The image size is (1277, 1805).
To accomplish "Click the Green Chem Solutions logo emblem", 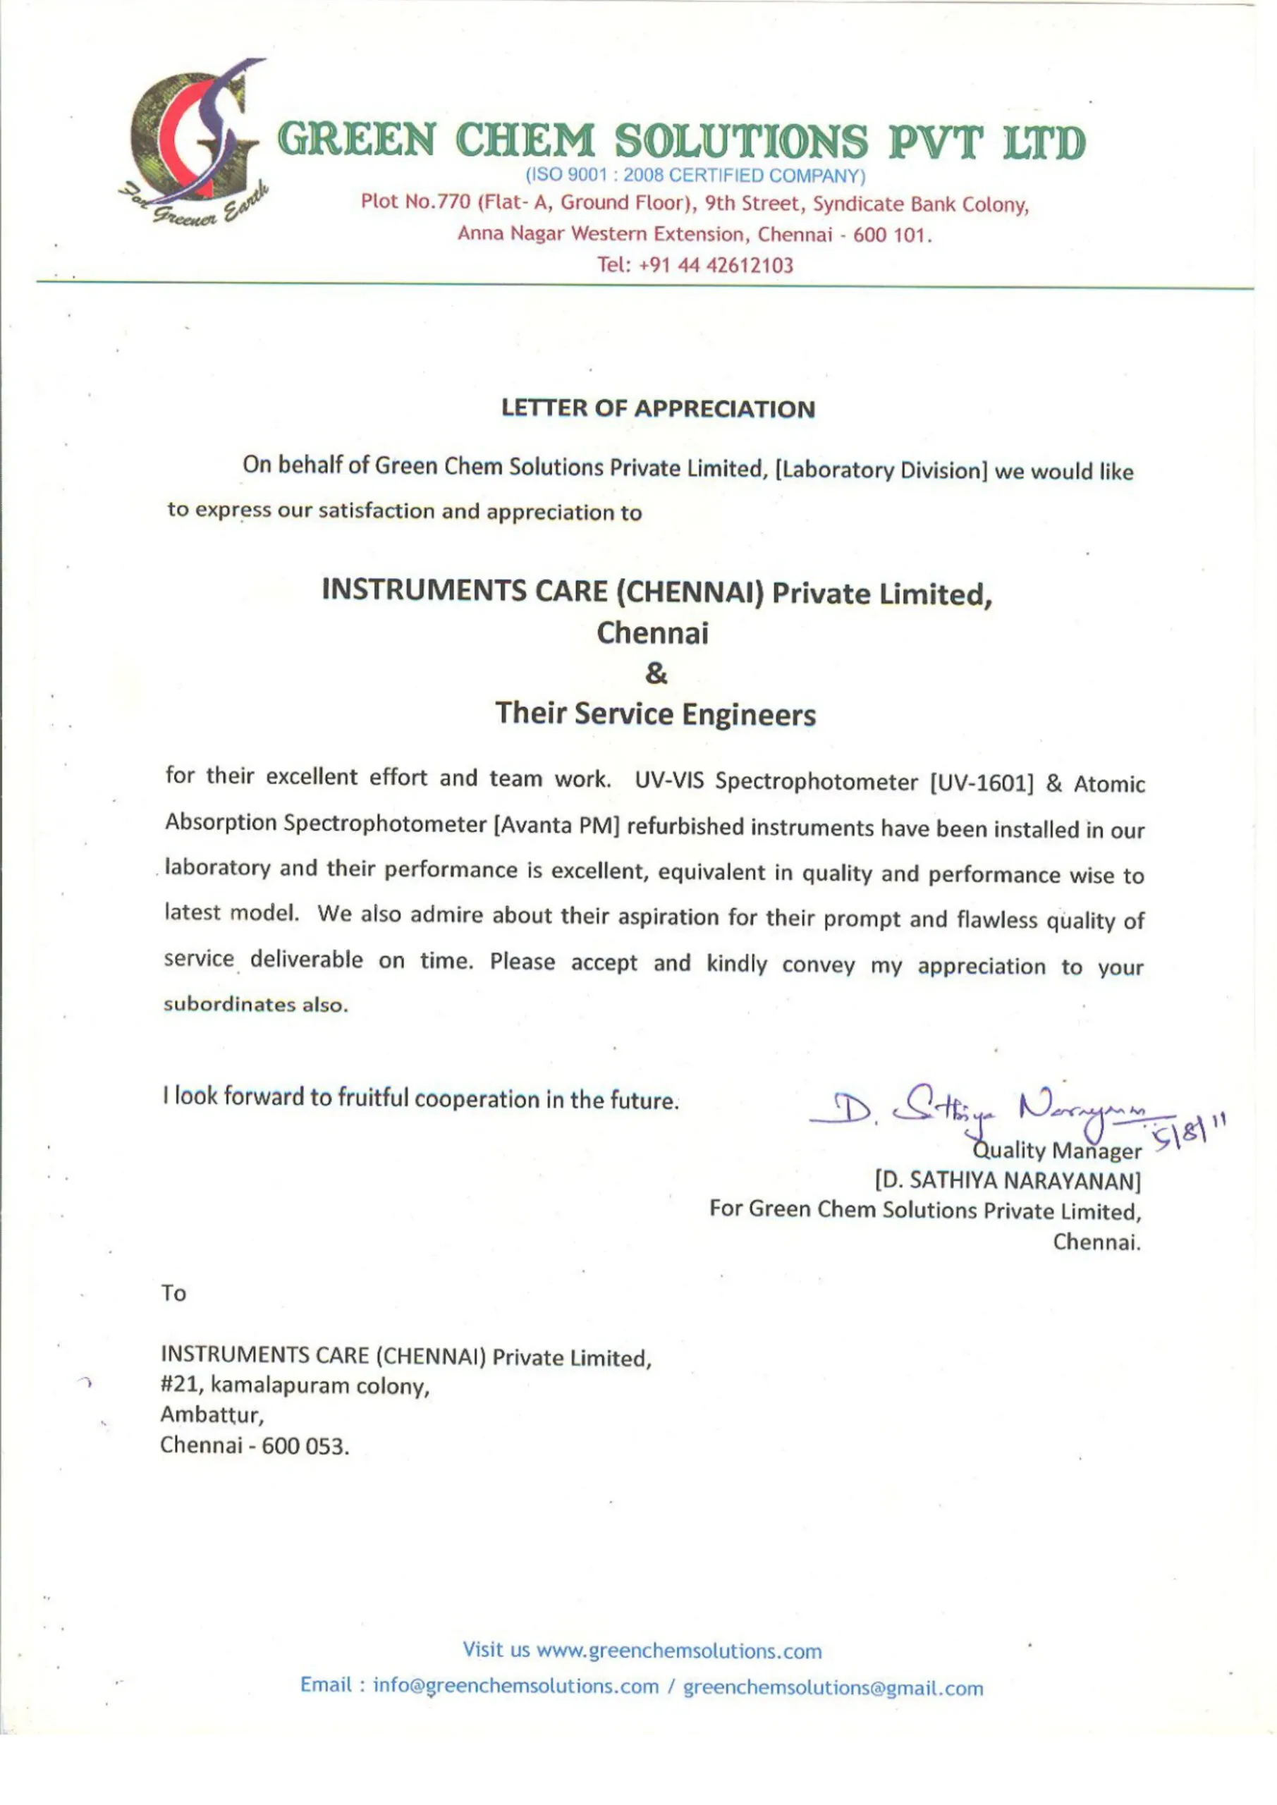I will point(193,137).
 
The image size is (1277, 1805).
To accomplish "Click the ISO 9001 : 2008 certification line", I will point(695,175).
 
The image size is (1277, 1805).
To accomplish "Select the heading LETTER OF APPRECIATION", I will point(658,409).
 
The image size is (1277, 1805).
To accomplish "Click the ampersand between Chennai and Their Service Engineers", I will point(656,674).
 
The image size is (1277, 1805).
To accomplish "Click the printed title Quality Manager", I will point(1058,1151).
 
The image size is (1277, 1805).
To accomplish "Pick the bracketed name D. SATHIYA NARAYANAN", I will point(1008,1181).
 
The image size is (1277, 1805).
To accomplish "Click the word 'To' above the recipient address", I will point(173,1293).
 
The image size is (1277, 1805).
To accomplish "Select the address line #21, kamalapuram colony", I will point(295,1386).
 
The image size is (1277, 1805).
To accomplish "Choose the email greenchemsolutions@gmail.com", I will point(833,1688).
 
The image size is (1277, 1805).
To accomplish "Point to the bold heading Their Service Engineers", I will point(656,714).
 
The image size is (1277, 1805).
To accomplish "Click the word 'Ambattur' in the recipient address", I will point(211,1415).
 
